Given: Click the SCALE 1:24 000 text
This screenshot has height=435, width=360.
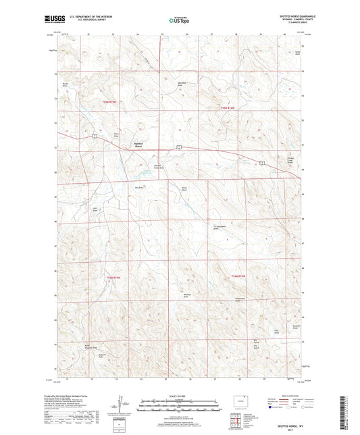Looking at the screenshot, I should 180,394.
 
